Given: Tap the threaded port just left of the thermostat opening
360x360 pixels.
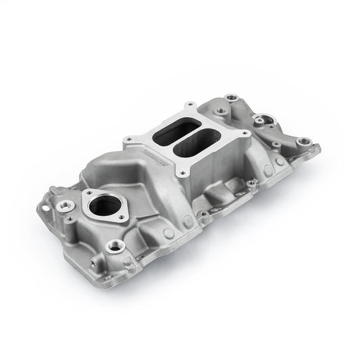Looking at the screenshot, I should [71, 205].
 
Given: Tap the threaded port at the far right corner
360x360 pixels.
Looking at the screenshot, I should [304, 141].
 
